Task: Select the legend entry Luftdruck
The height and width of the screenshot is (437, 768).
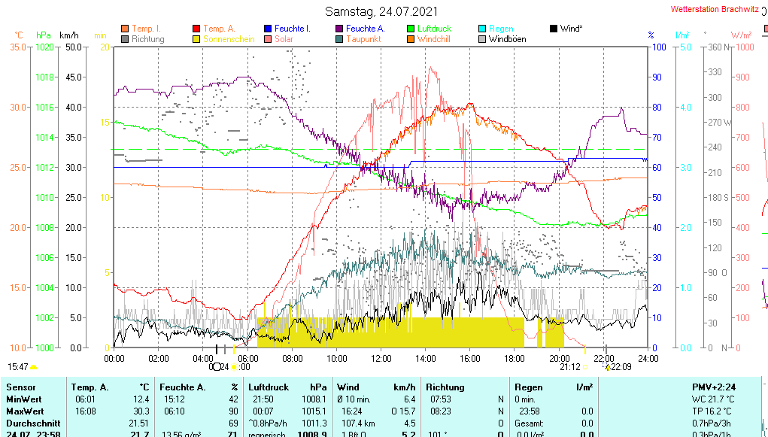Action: click(434, 29)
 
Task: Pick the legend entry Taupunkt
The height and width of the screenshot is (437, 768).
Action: click(363, 38)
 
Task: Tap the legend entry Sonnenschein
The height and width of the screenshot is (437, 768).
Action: click(234, 38)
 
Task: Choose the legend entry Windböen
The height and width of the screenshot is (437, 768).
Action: click(507, 38)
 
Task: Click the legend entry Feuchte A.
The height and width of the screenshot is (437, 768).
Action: click(366, 29)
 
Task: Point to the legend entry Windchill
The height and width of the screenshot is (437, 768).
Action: click(433, 38)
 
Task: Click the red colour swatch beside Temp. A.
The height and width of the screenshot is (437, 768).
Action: click(196, 29)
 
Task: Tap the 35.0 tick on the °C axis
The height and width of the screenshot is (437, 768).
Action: click(18, 47)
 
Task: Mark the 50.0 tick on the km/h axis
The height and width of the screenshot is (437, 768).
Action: click(72, 47)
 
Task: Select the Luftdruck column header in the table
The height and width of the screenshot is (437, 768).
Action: click(269, 387)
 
